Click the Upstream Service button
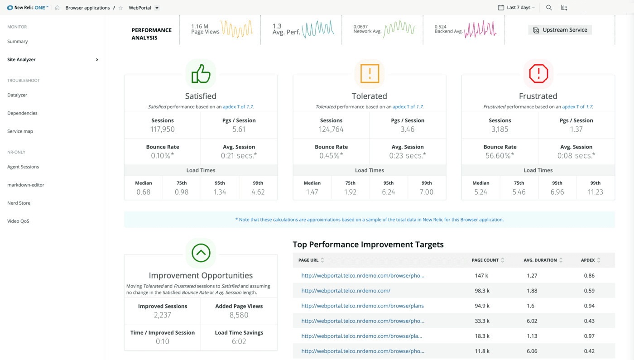(x=560, y=30)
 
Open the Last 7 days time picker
(x=516, y=8)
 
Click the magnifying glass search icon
(x=549, y=8)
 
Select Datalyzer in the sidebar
(x=17, y=95)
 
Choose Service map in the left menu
(x=20, y=131)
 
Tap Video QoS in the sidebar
(x=18, y=221)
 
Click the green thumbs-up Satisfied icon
(x=201, y=74)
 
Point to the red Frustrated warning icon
(x=538, y=74)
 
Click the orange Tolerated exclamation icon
(x=370, y=74)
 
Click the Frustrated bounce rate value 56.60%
(x=500, y=155)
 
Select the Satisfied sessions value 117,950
(x=162, y=129)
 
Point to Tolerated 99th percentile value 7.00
(x=427, y=192)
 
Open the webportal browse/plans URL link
(x=362, y=306)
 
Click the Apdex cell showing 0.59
(x=589, y=291)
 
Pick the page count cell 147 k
(x=482, y=275)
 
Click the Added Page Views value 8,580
(x=239, y=315)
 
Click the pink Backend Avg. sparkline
(x=480, y=29)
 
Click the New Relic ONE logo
(x=28, y=8)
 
